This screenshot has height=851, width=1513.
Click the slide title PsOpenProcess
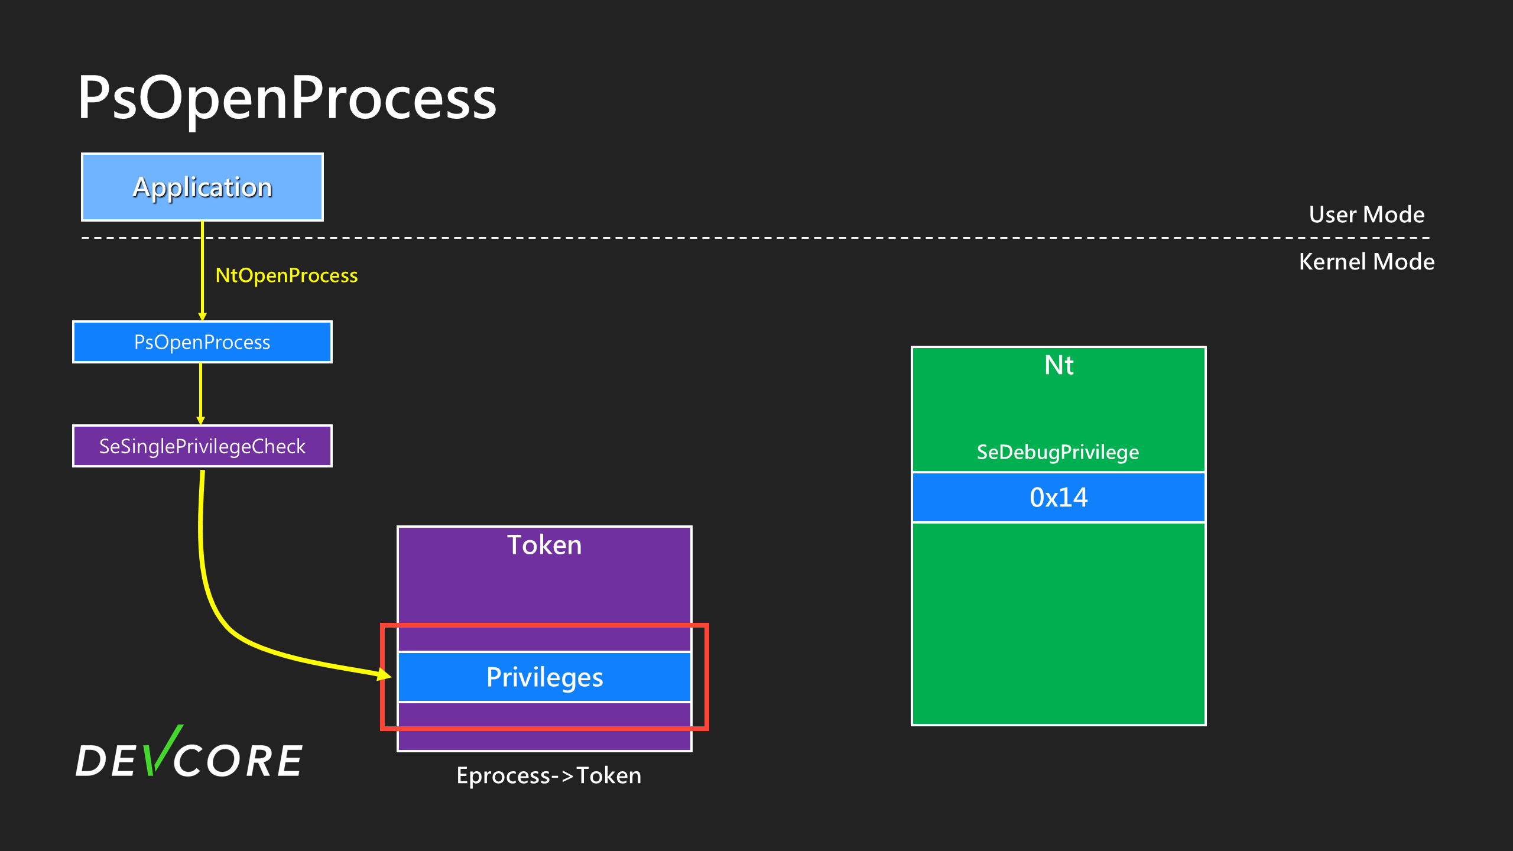coord(287,98)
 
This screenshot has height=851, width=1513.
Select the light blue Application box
coord(202,187)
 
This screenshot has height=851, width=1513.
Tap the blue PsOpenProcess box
coord(202,342)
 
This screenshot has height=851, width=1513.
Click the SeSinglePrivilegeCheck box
coord(202,446)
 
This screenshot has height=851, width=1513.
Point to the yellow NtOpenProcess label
coord(287,275)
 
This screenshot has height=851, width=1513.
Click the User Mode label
coord(1366,215)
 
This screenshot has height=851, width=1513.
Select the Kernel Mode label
coord(1366,262)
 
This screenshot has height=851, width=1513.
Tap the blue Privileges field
coord(544,677)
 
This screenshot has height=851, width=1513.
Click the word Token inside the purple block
coord(544,545)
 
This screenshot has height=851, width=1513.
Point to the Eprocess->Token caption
coord(548,775)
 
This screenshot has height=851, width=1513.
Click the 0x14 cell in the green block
coord(1059,498)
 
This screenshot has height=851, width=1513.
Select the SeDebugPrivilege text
coord(1058,452)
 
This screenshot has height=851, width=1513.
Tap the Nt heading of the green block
coord(1059,365)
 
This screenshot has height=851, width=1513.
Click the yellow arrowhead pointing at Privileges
coord(384,674)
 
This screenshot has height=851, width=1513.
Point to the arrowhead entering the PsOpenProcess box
coord(202,316)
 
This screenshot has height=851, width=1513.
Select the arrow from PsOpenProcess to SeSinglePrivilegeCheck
coord(201,393)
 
